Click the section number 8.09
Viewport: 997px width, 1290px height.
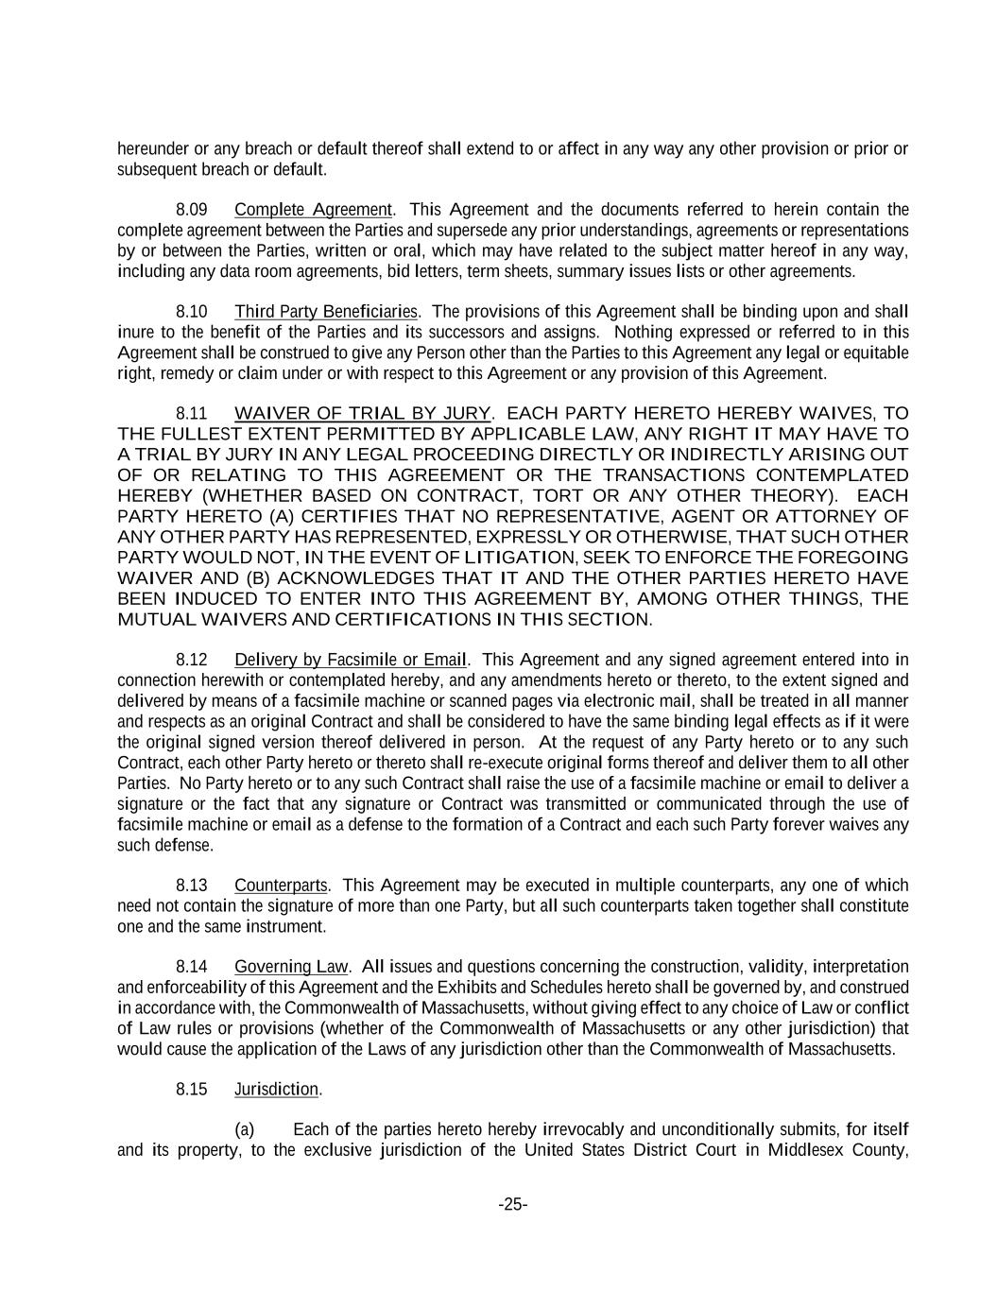(192, 210)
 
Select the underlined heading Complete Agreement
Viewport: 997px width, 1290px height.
(313, 210)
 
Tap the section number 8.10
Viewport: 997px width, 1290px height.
(192, 312)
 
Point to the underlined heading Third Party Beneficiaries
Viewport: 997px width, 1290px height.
(326, 312)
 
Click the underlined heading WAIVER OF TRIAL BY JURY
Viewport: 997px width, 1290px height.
(362, 413)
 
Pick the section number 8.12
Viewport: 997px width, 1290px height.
(192, 660)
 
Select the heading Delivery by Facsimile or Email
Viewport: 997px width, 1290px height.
(351, 660)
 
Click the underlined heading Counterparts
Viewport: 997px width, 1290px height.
(281, 886)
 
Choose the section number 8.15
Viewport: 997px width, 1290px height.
(192, 1090)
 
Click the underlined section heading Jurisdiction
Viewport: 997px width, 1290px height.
(276, 1090)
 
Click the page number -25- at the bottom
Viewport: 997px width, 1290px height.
(513, 1205)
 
